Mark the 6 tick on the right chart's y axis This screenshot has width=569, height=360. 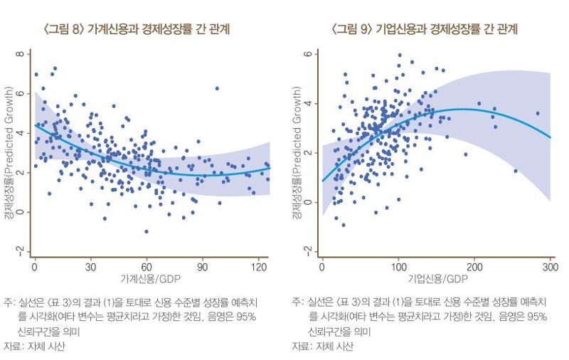point(307,54)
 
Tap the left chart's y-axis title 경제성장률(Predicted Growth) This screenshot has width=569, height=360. point(9,153)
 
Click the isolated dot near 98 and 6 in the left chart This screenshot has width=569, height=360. point(217,88)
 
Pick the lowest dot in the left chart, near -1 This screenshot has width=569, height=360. point(146,231)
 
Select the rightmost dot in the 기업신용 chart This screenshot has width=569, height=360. point(538,113)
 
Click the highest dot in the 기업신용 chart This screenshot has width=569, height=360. point(400,55)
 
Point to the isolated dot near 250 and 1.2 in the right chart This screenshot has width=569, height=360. point(516,171)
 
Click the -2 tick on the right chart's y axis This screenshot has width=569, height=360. point(307,251)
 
